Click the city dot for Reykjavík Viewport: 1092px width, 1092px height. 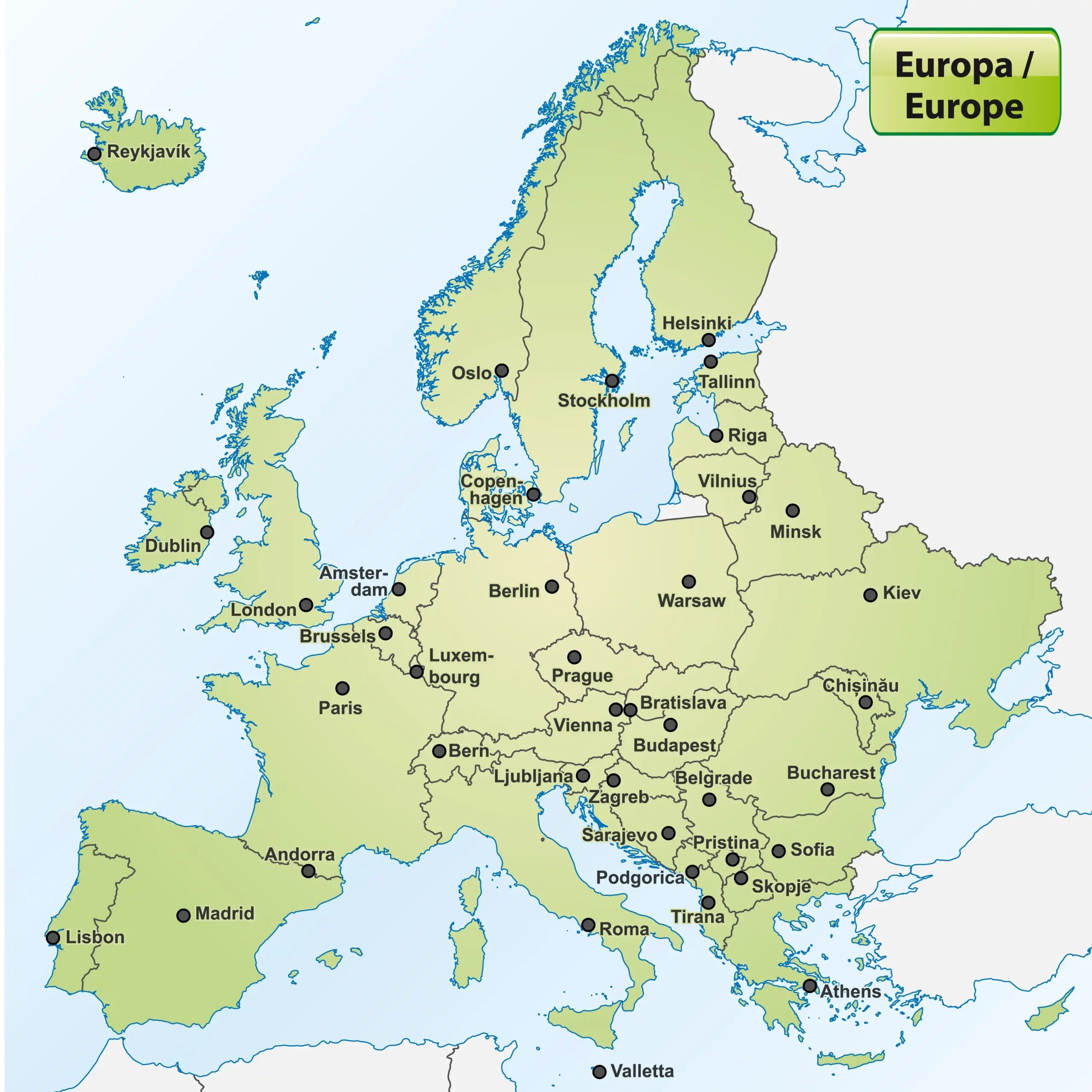click(x=94, y=154)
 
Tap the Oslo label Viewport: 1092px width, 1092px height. click(x=471, y=373)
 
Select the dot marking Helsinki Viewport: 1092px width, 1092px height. click(x=708, y=340)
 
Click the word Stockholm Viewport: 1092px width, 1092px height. click(x=604, y=400)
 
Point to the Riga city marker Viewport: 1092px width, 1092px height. click(x=716, y=436)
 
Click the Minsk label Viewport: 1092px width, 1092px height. click(x=795, y=531)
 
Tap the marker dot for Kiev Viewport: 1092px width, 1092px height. click(x=871, y=595)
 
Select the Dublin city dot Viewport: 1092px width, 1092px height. click(x=207, y=532)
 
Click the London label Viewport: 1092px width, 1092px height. click(x=263, y=610)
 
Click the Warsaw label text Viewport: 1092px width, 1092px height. click(x=691, y=601)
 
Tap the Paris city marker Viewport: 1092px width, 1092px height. click(x=343, y=688)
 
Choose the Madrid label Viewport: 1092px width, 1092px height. click(x=224, y=913)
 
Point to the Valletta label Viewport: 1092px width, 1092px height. click(x=642, y=1071)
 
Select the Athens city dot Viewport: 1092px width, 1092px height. click(x=810, y=986)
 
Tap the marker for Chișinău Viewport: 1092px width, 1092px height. click(x=865, y=703)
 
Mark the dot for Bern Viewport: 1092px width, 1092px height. click(x=439, y=751)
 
